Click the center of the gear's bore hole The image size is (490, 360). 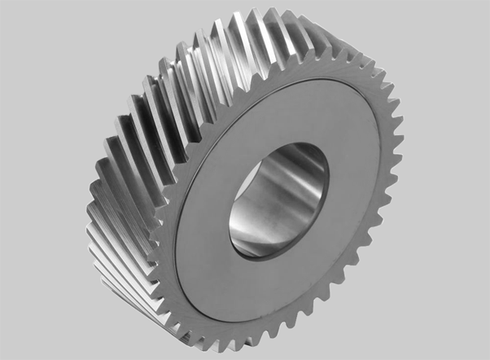point(278,200)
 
